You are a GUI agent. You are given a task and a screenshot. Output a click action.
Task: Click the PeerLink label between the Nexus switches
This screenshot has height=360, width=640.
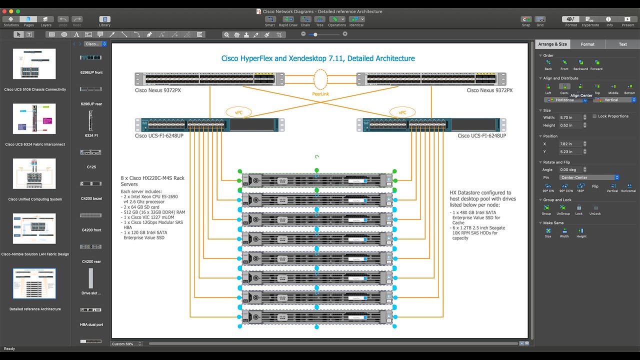(320, 93)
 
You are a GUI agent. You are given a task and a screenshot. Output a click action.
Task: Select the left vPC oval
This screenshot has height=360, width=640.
(238, 112)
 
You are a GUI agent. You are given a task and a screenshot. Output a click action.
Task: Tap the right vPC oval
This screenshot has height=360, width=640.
(402, 112)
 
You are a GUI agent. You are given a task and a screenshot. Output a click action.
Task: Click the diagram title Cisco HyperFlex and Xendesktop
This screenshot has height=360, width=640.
(318, 58)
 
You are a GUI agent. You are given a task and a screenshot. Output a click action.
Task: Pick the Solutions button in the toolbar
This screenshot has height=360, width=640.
(11, 21)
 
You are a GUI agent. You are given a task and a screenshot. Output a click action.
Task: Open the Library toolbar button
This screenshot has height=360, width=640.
(104, 21)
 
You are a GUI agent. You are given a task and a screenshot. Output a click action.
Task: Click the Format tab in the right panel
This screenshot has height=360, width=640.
(587, 44)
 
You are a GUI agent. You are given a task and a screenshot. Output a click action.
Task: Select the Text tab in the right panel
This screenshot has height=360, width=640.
(622, 44)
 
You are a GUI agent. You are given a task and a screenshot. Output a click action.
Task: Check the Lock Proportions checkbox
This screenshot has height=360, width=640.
(594, 116)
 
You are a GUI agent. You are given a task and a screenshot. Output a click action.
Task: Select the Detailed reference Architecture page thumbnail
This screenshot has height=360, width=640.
(34, 283)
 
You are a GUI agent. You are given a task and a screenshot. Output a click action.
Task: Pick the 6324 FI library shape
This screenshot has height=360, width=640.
(91, 120)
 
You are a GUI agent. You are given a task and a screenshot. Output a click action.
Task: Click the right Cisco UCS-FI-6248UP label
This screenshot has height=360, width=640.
(481, 136)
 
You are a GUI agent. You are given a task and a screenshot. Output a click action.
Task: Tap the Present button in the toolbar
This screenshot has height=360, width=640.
(628, 21)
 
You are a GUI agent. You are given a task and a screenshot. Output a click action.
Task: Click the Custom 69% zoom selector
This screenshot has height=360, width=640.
(126, 344)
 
